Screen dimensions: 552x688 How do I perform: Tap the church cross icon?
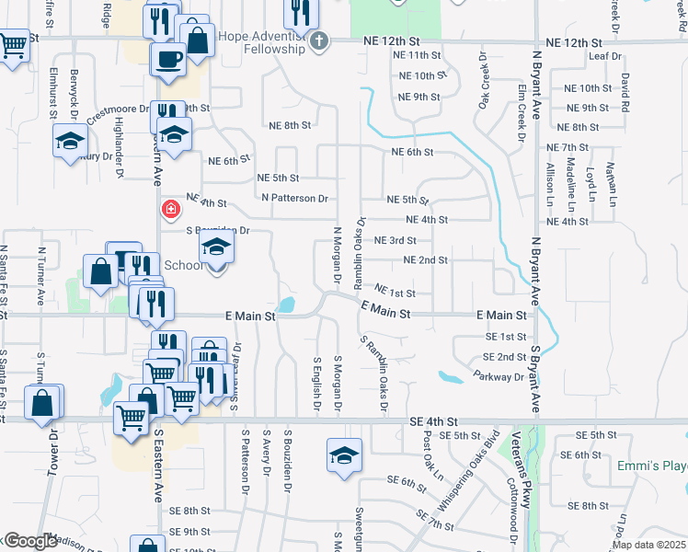point(319,40)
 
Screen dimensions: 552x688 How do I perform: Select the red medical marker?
point(170,210)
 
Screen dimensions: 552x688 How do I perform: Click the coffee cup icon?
point(167,59)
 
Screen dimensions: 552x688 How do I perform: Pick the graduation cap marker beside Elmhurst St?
point(69,142)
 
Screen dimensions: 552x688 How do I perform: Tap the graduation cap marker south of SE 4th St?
point(343,455)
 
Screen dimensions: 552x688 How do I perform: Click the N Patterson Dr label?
point(294,198)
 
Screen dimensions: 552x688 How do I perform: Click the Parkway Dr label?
point(498,375)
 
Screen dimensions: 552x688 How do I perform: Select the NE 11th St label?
point(417,56)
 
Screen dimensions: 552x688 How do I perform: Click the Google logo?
point(30,541)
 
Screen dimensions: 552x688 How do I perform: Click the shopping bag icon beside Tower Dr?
point(43,402)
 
